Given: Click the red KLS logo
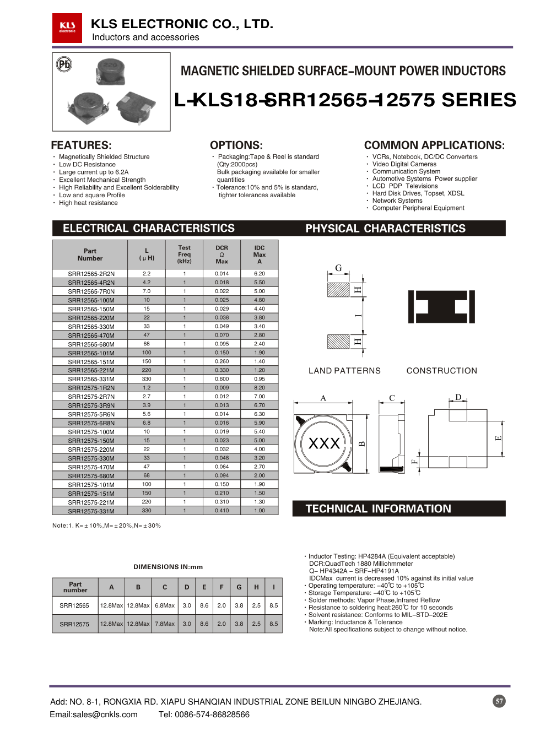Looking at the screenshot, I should tap(67, 28).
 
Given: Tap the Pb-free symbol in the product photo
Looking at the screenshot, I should tap(64, 64).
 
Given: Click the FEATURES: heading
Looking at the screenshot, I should tap(81, 145).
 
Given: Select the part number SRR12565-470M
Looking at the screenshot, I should tap(91, 335).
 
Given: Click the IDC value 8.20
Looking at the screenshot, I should tap(259, 388).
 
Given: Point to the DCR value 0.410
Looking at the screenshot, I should tap(222, 511).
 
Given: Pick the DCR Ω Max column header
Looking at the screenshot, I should tap(222, 255).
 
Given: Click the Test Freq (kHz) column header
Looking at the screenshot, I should tap(184, 255).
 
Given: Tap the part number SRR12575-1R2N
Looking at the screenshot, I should tap(91, 388).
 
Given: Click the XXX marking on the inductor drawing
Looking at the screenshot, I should tap(324, 443).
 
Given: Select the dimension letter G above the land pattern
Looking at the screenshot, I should tap(338, 268).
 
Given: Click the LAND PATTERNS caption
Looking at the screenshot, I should tap(344, 371).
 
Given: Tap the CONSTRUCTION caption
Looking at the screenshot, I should tap(441, 371).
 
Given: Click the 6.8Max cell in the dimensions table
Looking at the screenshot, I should tap(164, 605).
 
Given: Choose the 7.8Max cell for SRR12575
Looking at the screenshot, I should tap(164, 624).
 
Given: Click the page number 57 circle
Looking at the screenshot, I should tap(499, 701).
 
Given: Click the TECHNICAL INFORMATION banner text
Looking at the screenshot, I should tap(378, 508).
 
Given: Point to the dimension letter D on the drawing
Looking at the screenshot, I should tap(458, 397).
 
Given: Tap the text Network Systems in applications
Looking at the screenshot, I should tap(397, 201).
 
